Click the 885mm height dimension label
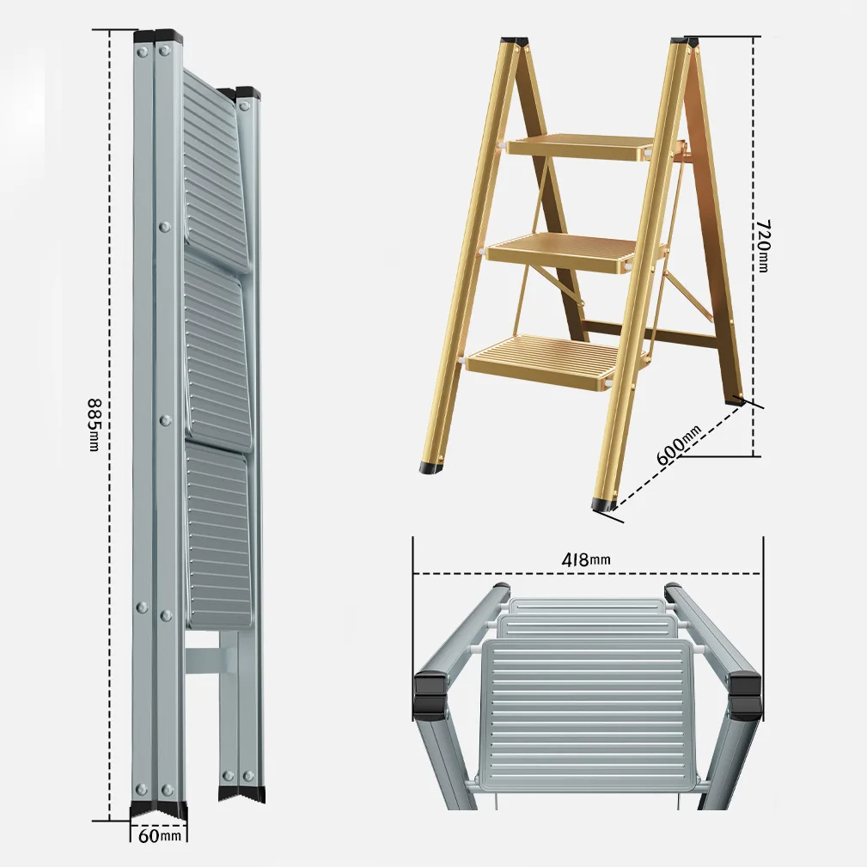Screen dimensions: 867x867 pyautogui.click(x=95, y=424)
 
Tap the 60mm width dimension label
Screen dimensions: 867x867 pyautogui.click(x=159, y=835)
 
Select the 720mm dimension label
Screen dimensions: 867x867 pyautogui.click(x=762, y=246)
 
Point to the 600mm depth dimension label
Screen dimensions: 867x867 pyautogui.click(x=679, y=445)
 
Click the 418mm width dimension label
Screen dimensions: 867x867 pyautogui.click(x=586, y=559)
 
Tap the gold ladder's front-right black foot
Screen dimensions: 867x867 pyautogui.click(x=605, y=504)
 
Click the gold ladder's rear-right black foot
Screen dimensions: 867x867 pyautogui.click(x=736, y=400)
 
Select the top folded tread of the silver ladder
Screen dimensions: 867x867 pyautogui.click(x=215, y=171)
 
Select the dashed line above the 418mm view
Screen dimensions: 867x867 pyautogui.click(x=588, y=573)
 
